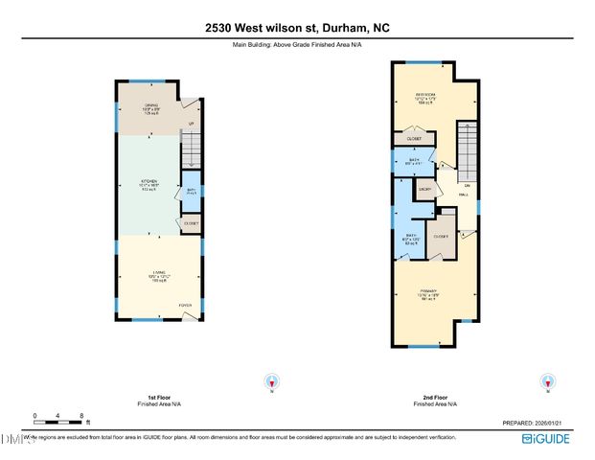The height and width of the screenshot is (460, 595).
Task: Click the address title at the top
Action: click(297, 28)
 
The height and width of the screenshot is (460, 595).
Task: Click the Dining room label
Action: click(150, 107)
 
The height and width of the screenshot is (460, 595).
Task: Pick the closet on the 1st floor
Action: click(190, 223)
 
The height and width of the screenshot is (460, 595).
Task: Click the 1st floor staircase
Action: click(191, 149)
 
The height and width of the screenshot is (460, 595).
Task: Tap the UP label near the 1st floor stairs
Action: click(191, 124)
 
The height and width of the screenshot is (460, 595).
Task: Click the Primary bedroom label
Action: click(427, 293)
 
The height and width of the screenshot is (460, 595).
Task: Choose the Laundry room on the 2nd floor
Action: click(425, 190)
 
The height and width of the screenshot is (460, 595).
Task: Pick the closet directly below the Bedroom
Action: click(413, 139)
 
